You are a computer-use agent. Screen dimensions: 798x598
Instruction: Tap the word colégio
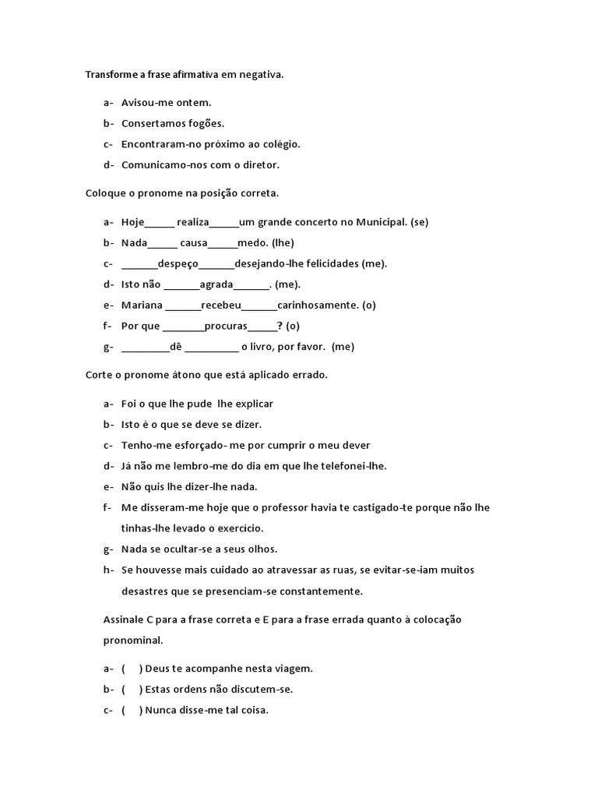pos(280,144)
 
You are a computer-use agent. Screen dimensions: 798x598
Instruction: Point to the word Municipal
pos(381,222)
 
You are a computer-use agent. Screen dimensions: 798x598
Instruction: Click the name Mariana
pos(142,305)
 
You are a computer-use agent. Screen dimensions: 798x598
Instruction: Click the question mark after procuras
pos(280,326)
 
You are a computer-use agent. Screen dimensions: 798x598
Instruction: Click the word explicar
pos(253,404)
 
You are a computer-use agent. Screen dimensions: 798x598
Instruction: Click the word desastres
pos(145,591)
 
